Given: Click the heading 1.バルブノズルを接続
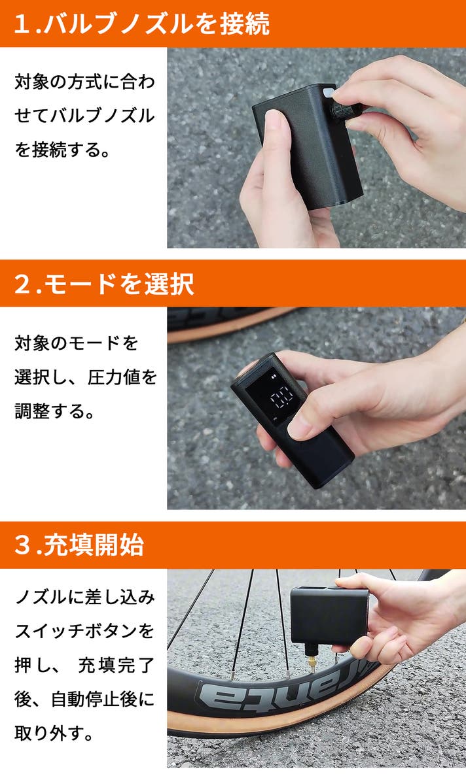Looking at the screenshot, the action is pos(141,24).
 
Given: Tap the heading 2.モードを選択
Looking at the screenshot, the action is pos(104,284).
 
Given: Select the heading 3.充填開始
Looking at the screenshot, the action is pos(79,545).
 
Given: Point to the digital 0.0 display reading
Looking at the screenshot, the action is pos(281,397).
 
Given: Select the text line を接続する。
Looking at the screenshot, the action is pos(62,149).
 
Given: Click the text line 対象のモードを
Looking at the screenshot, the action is pos(76,343).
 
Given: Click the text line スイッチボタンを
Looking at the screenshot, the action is pos(85,631).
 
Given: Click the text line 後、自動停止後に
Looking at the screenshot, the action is pos(85,699).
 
